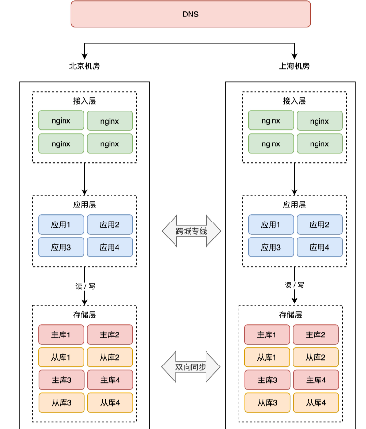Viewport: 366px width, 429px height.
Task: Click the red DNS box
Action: pos(191,14)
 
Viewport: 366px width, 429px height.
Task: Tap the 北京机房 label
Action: pos(84,66)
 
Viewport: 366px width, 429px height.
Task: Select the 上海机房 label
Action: pos(294,66)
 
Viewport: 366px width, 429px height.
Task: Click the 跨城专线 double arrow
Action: pos(191,231)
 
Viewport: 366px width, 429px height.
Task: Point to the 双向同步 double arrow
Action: pos(191,367)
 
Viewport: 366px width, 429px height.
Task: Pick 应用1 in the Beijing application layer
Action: pos(61,224)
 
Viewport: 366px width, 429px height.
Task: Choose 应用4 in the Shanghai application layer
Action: pos(319,247)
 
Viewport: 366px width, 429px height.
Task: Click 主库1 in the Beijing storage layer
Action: pos(61,334)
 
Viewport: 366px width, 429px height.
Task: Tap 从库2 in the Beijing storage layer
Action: pos(110,357)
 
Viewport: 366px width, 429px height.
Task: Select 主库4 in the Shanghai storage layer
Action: pos(316,380)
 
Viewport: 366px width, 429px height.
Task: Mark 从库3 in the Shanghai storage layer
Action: pos(267,402)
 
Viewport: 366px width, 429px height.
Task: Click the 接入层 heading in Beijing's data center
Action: pos(84,101)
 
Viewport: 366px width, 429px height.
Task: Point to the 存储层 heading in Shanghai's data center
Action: pos(290,315)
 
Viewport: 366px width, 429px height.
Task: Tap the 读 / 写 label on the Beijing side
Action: pos(85,286)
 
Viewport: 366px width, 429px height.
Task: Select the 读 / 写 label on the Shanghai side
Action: pos(295,285)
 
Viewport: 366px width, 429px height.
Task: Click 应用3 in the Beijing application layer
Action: pos(61,247)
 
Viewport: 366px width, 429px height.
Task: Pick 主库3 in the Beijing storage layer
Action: pos(61,380)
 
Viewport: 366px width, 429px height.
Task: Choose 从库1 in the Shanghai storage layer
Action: pos(267,357)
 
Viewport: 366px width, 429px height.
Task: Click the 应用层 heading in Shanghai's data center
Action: pos(294,205)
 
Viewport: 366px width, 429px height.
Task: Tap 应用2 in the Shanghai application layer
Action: pos(319,224)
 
